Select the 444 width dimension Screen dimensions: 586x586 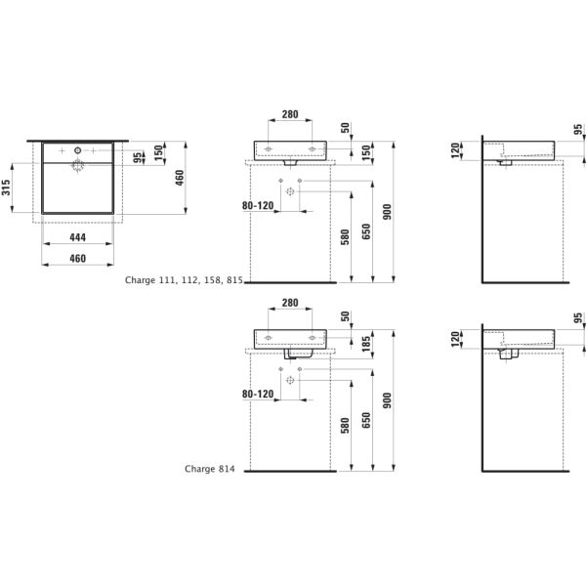coord(78,237)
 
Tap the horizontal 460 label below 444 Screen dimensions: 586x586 coord(78,258)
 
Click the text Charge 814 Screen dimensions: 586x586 coord(210,469)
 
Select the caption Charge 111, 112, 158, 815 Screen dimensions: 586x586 coord(184,279)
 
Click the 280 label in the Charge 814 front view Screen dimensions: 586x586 coord(290,303)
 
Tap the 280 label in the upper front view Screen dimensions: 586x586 coord(290,114)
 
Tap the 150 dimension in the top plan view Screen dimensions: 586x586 coord(157,154)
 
